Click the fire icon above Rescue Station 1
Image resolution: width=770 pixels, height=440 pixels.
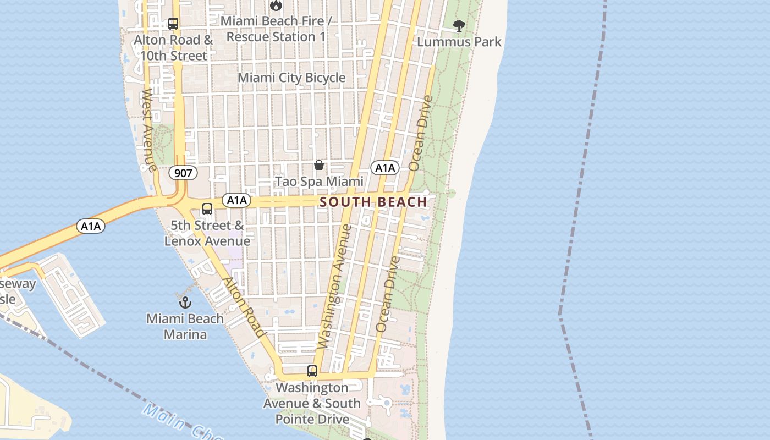coord(276,5)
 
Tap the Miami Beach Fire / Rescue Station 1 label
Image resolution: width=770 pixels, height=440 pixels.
coord(276,29)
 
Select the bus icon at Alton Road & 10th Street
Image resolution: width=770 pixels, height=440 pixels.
coord(173,24)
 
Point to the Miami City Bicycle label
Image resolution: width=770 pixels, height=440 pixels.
coord(291,78)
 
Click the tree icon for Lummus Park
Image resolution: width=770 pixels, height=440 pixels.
coord(459,25)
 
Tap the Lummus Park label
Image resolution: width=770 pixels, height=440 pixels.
coord(459,42)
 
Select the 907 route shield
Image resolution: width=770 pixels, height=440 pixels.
coord(183,173)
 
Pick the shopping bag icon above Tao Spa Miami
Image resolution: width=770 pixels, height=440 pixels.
coord(318,165)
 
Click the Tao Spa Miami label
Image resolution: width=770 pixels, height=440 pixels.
coord(319,182)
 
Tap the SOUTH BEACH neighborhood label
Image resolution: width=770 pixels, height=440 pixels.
coord(373,202)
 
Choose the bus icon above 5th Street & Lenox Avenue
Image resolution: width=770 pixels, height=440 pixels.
coord(207,209)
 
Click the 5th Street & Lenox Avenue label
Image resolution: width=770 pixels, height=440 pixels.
coord(207,233)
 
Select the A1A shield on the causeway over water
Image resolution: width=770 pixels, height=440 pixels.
coord(91,226)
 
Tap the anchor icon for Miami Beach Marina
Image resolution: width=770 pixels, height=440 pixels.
coord(185,302)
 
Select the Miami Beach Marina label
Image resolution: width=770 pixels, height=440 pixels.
coord(185,327)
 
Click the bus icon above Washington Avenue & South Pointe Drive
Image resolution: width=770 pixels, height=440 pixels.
coord(312,371)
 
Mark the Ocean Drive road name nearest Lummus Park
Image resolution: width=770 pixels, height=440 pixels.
coord(421,133)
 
